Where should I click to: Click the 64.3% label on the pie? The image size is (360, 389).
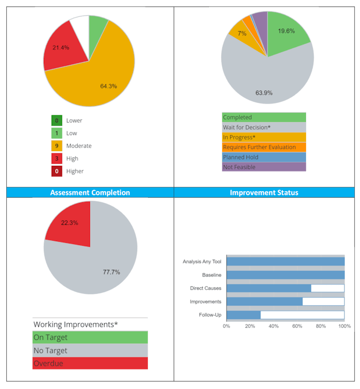[x=108, y=86]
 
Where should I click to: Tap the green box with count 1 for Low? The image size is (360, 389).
[x=56, y=133]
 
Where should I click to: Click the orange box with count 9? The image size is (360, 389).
[x=56, y=146]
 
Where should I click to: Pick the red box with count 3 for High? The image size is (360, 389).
[x=56, y=159]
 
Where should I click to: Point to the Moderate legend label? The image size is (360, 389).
[x=79, y=146]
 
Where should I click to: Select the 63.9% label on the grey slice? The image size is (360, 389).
[x=264, y=93]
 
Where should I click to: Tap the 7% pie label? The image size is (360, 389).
[x=242, y=34]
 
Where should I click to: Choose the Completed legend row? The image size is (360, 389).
[x=264, y=117]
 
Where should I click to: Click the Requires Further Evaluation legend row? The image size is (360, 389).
[x=264, y=147]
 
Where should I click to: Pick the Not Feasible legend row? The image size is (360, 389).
[x=264, y=167]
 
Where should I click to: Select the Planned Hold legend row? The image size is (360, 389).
[x=264, y=157]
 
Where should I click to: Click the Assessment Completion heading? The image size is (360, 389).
[x=90, y=192]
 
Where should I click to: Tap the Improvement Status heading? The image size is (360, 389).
[x=264, y=192]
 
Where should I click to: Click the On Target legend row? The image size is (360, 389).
[x=90, y=337]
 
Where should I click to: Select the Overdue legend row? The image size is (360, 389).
[x=90, y=363]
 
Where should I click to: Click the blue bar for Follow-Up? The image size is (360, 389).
[x=244, y=314]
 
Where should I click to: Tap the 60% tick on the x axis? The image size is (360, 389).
[x=297, y=325]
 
